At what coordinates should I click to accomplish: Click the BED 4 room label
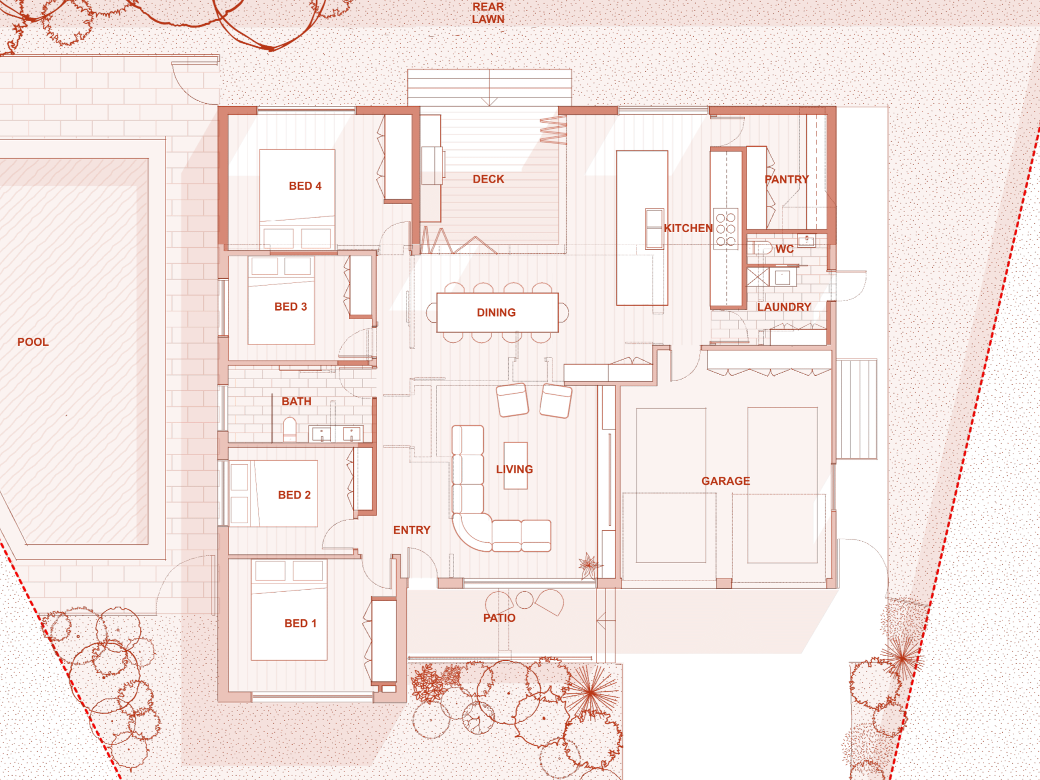(x=305, y=186)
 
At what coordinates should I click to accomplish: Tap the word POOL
(x=33, y=342)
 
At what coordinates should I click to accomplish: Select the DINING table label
(x=496, y=312)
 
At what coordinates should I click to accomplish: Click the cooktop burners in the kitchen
(x=725, y=230)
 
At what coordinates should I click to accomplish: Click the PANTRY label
(x=786, y=179)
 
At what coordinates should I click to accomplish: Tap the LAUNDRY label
(x=784, y=307)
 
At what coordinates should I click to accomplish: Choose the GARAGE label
(x=725, y=481)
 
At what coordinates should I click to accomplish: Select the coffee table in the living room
(x=515, y=465)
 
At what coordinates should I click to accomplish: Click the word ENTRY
(x=411, y=530)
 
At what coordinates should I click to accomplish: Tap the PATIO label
(x=499, y=618)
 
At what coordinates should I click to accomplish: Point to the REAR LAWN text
(x=488, y=13)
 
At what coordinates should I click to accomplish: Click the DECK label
(x=488, y=179)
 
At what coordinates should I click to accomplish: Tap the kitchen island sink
(x=654, y=229)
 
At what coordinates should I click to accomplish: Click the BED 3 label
(x=290, y=307)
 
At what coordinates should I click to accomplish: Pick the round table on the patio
(x=525, y=599)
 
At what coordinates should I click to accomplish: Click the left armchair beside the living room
(x=512, y=400)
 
